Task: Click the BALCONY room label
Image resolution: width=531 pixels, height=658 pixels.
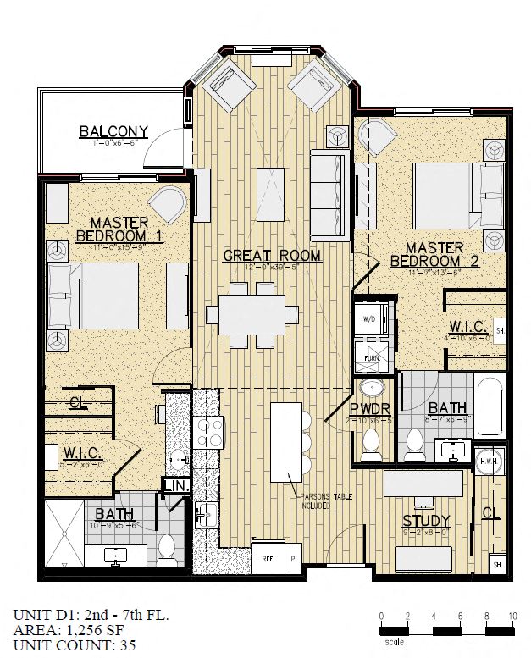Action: click(113, 132)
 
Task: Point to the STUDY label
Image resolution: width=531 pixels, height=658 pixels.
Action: click(425, 520)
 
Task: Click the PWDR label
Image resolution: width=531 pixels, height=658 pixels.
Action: click(370, 408)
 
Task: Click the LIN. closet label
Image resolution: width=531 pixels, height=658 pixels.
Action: click(175, 485)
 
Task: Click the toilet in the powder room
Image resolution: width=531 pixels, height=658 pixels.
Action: click(371, 442)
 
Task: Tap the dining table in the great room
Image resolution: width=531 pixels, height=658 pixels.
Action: click(252, 314)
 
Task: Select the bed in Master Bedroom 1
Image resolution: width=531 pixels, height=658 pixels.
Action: click(92, 296)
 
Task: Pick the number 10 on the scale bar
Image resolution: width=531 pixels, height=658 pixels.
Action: click(512, 615)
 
